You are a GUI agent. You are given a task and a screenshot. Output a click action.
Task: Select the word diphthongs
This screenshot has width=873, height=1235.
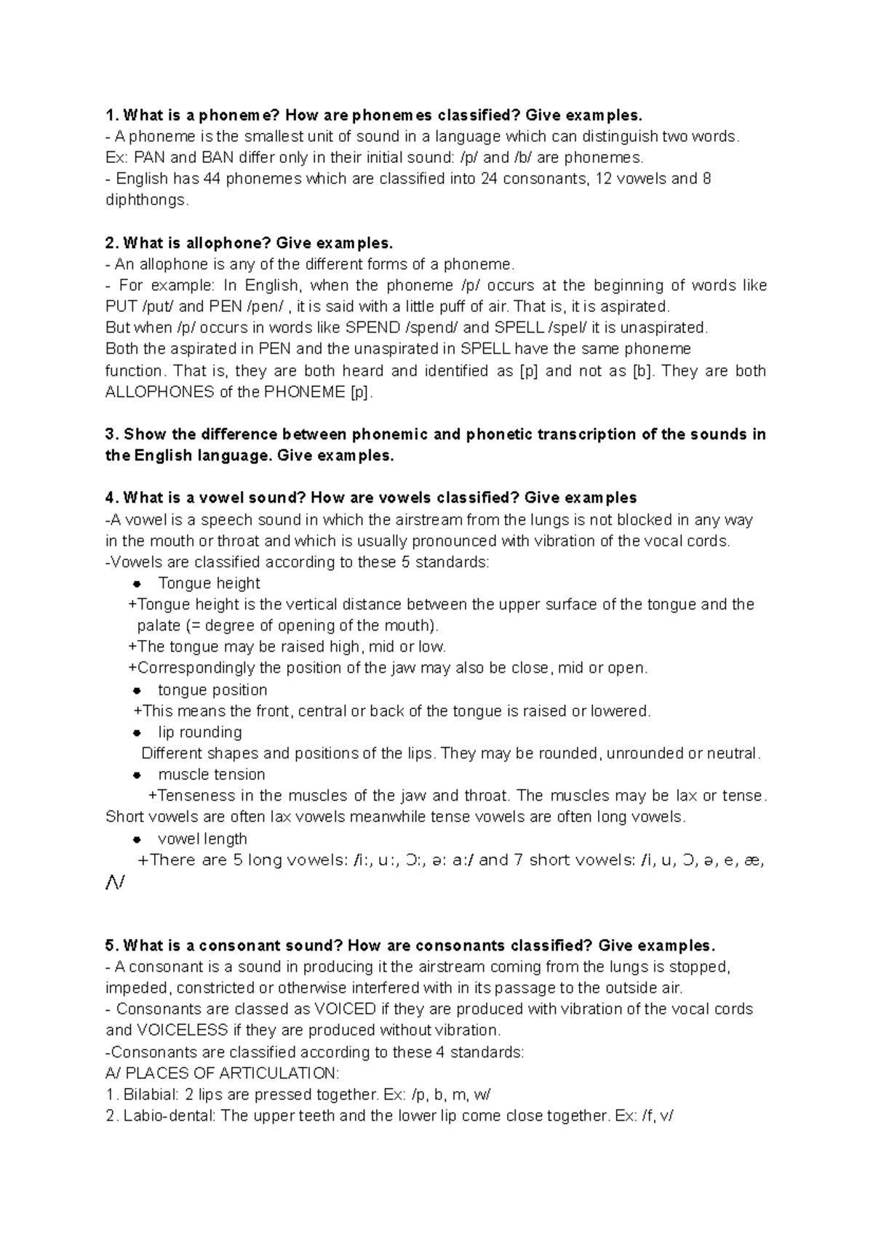[x=145, y=200]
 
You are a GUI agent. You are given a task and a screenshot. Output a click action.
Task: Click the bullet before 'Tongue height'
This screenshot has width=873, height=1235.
[x=137, y=584]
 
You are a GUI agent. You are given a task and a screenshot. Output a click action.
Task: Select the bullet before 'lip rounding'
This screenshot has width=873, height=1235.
[x=137, y=733]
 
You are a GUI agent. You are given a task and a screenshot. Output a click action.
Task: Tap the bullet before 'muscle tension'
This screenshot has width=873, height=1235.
[x=137, y=775]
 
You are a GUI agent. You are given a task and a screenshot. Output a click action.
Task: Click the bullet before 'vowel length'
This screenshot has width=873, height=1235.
[x=137, y=840]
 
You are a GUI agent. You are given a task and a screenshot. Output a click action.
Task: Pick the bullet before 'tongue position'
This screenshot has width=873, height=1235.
[x=137, y=691]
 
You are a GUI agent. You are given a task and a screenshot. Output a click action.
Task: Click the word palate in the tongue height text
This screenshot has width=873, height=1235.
[x=159, y=626]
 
